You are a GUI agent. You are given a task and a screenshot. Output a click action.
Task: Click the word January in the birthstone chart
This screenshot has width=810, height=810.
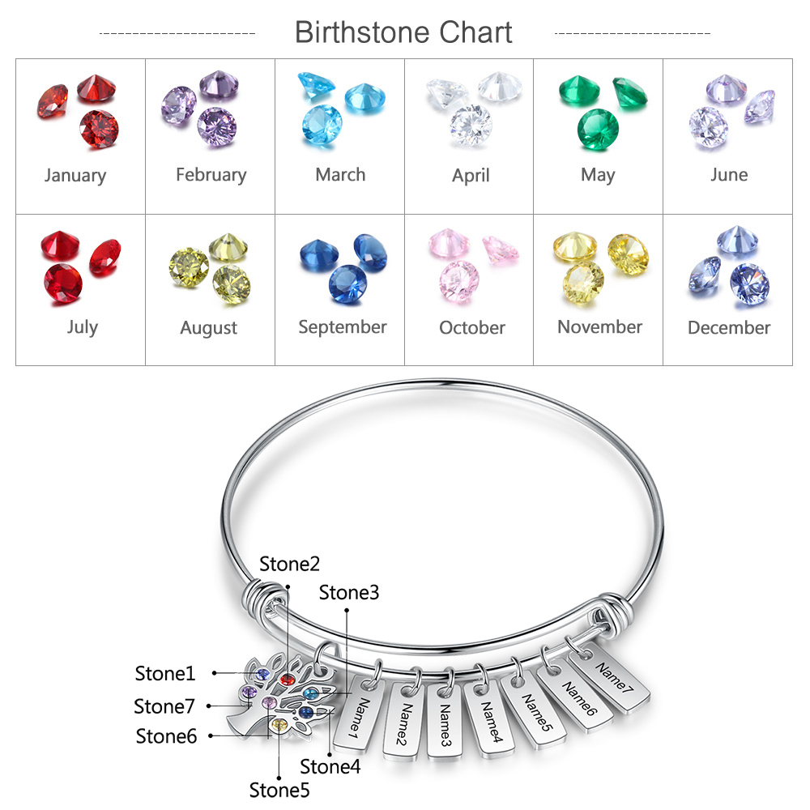coord(75,176)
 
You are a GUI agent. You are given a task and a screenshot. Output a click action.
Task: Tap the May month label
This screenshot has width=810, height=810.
coord(598,176)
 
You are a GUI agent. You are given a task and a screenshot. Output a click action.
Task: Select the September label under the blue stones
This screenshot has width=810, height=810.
coord(343,327)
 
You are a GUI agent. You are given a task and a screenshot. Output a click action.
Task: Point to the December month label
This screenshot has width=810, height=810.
coord(729,327)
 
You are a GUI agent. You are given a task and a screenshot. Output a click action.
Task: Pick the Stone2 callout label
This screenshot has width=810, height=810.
coord(289,564)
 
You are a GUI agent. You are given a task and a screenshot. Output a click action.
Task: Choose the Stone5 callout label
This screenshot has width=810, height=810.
coord(279,790)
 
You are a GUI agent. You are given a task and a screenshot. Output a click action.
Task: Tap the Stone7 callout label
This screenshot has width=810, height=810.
coord(164,706)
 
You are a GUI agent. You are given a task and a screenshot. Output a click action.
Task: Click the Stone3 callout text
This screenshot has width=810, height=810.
coord(348,593)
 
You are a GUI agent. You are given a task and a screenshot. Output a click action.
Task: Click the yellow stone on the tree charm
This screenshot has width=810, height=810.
coord(279,725)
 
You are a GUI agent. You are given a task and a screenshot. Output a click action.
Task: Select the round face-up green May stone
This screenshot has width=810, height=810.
coord(598,130)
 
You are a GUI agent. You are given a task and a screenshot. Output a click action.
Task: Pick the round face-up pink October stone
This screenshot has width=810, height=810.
coord(458,281)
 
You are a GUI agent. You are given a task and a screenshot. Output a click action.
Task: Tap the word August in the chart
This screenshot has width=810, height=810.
coord(209,328)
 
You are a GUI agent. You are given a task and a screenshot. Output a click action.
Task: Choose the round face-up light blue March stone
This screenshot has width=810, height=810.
coord(322,125)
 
